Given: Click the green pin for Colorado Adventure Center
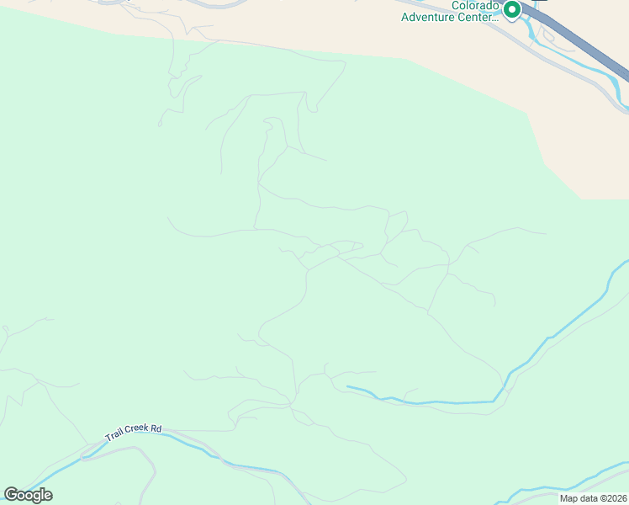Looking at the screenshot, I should point(511,9).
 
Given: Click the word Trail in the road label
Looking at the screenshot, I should point(114,435).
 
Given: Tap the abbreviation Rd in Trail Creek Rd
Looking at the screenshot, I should point(156,428).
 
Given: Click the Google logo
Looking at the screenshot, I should point(28,495).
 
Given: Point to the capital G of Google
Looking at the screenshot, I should point(11,494).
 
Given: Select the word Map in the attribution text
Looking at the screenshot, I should point(569,498).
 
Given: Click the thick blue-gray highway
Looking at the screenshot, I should point(589,50).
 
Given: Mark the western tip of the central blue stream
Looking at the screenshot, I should point(348,387).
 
